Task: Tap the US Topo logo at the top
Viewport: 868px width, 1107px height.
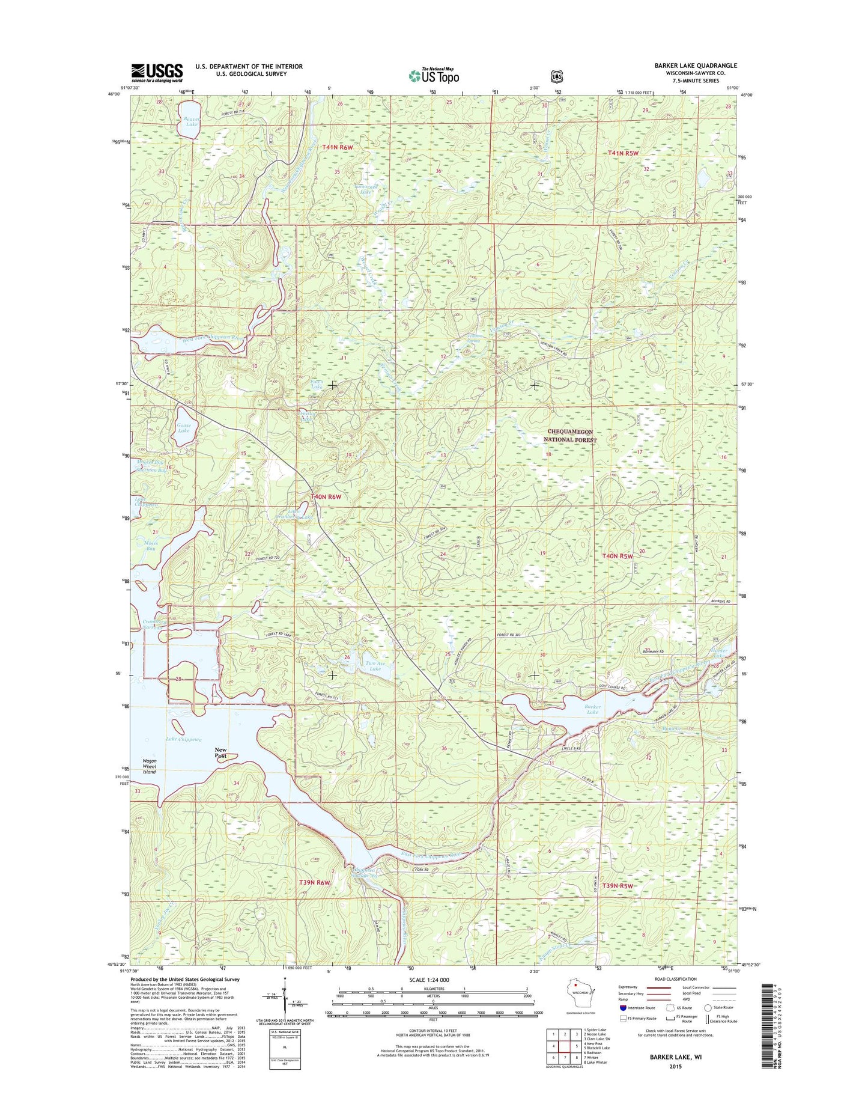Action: (434, 76)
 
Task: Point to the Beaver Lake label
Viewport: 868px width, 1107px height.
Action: (191, 121)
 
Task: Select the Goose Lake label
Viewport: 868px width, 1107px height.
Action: (184, 428)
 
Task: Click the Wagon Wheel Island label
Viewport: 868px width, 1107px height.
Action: (149, 766)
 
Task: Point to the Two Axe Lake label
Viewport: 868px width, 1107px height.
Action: (375, 665)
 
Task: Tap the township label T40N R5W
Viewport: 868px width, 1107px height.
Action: (618, 557)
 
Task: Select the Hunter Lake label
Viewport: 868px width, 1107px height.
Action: (719, 653)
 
